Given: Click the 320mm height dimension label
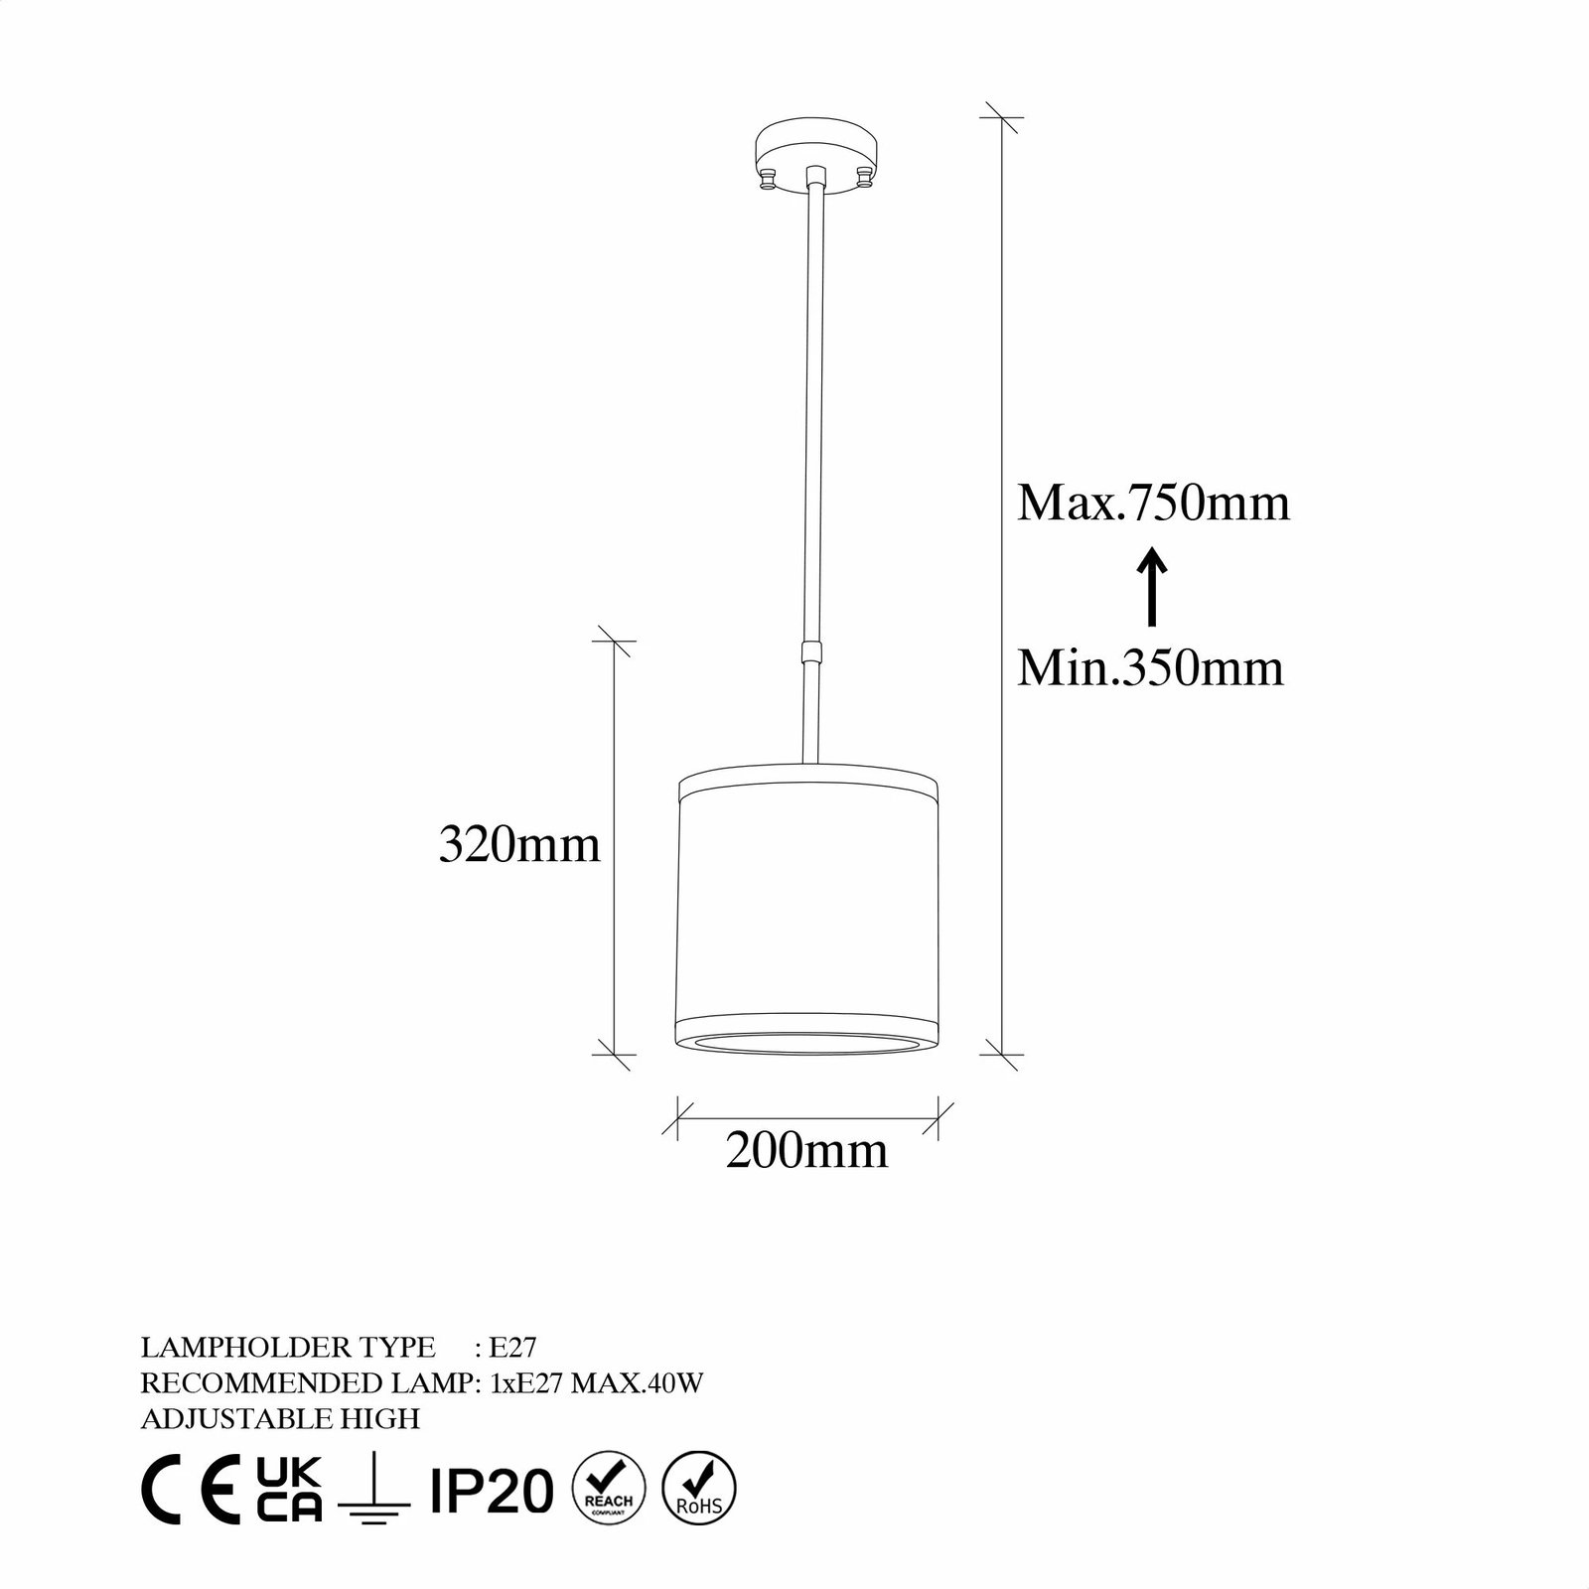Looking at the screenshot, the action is pos(520,845).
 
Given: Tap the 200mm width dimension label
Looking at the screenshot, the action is pos(807,1150).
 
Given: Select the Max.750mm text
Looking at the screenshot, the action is pos(1153,503).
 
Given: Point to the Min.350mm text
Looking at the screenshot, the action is pos(1150,667).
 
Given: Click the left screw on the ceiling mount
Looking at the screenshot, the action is pos(768,179).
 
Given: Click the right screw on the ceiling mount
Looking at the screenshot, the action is pos(865,179).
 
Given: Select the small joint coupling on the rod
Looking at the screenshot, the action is pos(812,652).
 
